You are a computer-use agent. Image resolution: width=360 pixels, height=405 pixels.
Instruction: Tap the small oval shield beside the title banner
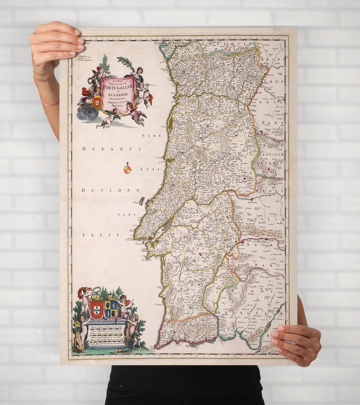(97, 102)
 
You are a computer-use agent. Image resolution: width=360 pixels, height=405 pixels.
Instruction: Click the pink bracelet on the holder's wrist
(50, 104)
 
